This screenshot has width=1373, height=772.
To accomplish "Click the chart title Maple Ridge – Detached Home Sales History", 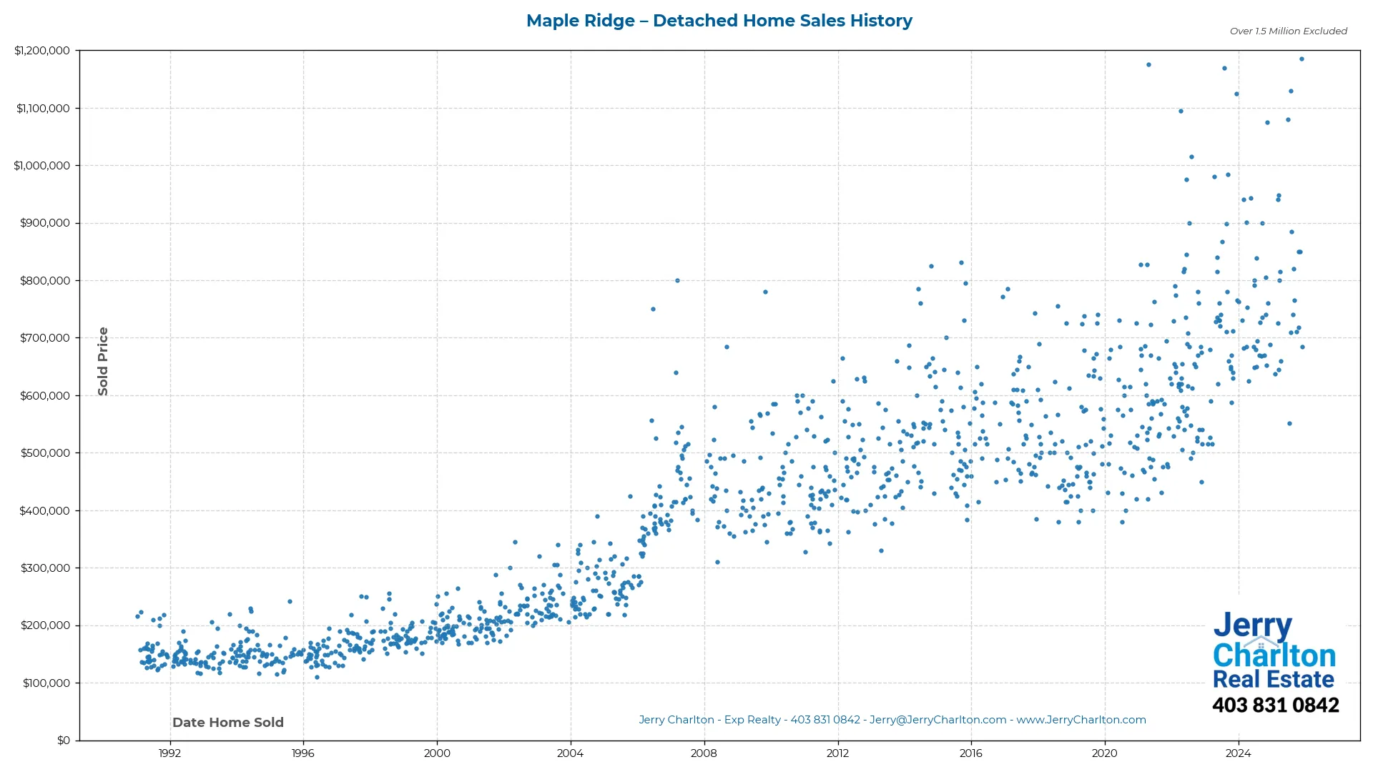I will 719,21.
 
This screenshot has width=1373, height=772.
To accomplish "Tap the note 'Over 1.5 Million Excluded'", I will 1288,31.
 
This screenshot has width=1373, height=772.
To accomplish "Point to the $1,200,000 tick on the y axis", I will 42,51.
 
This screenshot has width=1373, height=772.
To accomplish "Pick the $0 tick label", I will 64,741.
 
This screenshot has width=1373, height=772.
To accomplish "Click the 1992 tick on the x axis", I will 169,753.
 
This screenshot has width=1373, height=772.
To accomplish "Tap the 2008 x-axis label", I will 704,753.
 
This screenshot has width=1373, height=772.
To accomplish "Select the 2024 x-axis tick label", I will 1238,753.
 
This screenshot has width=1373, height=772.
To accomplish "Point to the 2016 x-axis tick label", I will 970,753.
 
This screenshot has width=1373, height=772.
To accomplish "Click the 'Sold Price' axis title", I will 103,361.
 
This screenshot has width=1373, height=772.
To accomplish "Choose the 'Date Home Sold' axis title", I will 228,723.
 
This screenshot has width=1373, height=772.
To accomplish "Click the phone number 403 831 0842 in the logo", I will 1275,706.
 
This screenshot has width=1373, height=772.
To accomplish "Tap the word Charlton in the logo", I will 1274,655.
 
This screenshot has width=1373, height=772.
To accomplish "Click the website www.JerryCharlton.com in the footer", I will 1081,720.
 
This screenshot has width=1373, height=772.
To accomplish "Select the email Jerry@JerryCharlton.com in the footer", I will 938,720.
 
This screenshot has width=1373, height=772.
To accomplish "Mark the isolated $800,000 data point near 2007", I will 677,280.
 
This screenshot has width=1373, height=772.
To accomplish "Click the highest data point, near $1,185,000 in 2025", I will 1301,59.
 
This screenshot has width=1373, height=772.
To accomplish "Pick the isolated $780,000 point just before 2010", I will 765,292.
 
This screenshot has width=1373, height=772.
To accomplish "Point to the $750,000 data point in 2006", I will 653,309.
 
